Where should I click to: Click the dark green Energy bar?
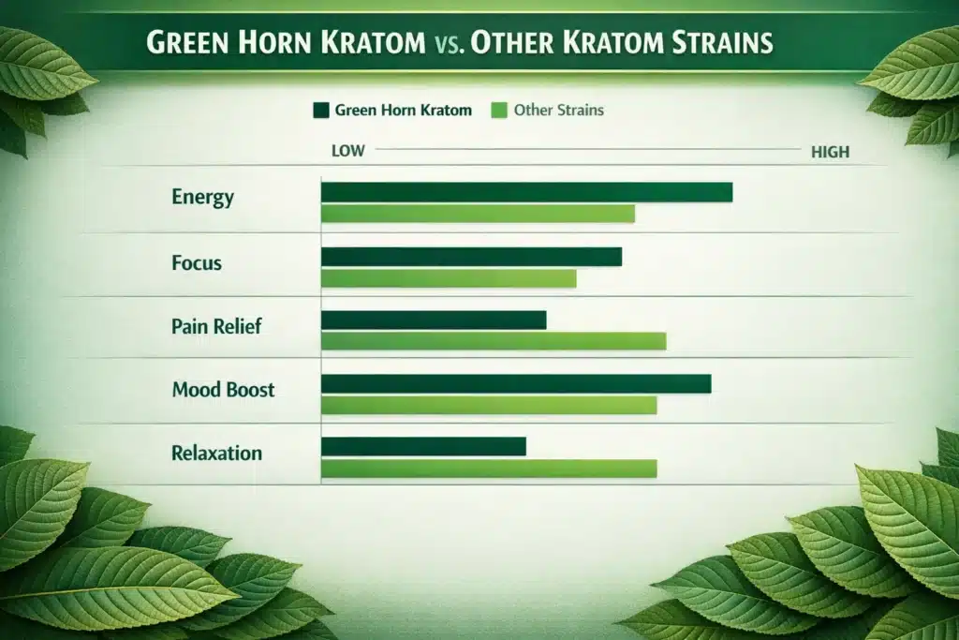(526, 192)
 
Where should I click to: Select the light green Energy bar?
(478, 214)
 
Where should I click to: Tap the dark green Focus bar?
(471, 257)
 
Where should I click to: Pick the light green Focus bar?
(449, 278)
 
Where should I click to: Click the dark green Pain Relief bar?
(434, 320)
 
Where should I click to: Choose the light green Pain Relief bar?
(494, 341)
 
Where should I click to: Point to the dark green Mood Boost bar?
(516, 383)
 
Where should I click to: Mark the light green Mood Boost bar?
(489, 405)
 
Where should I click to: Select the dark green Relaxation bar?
(423, 446)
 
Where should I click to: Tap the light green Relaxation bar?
(489, 468)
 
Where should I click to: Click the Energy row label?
(203, 198)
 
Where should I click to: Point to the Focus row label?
(197, 262)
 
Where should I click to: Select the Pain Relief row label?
(216, 326)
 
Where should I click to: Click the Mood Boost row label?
(223, 389)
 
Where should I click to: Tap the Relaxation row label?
(216, 453)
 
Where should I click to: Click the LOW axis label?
(348, 150)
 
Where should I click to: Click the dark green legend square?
(321, 111)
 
